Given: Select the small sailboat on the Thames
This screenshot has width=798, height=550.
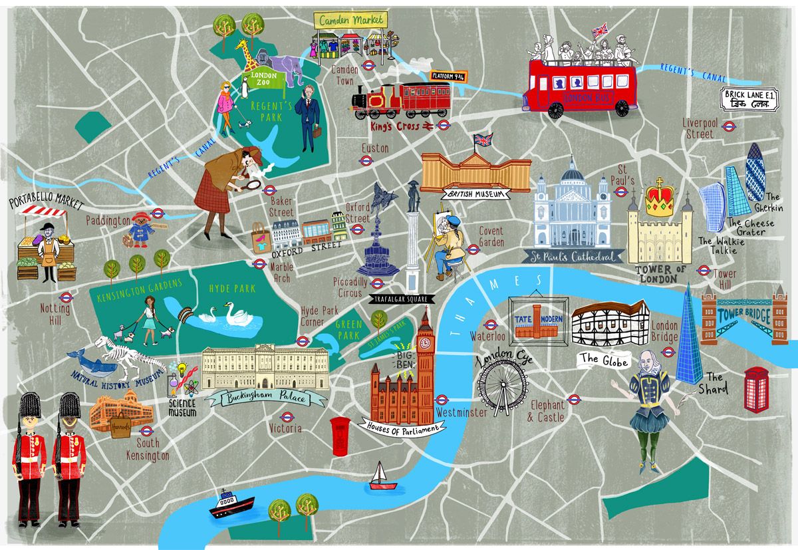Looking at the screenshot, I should point(380,474).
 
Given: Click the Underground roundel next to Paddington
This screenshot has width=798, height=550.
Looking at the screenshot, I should point(158,213).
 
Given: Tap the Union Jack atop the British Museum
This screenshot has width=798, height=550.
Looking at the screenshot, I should point(481,141).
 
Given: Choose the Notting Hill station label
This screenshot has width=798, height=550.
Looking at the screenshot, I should point(50,313).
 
